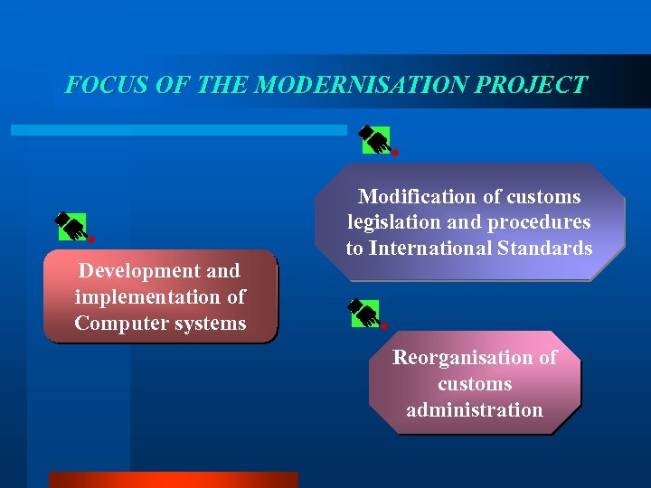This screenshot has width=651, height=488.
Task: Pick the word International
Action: pyautogui.click(x=431, y=248)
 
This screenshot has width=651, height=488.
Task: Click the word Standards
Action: pyautogui.click(x=545, y=248)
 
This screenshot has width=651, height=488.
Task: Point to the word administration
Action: pyautogui.click(x=475, y=409)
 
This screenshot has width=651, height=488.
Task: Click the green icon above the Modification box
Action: pyautogui.click(x=375, y=139)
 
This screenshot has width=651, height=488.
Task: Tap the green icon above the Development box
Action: pyautogui.click(x=72, y=226)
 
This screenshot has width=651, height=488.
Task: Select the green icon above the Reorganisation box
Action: pyautogui.click(x=364, y=313)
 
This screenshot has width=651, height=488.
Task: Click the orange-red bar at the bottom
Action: pyautogui.click(x=173, y=479)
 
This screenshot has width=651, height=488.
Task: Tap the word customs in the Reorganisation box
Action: pyautogui.click(x=475, y=383)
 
